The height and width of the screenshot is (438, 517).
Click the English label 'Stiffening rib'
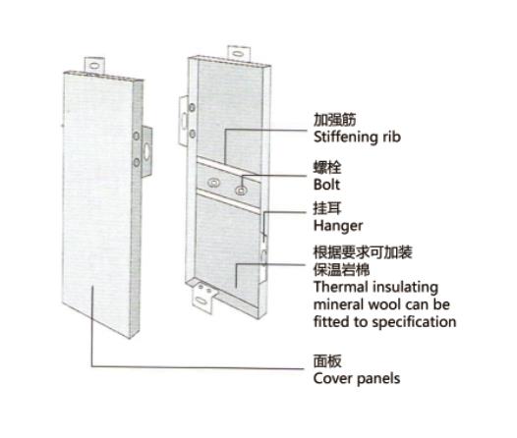[x=357, y=137]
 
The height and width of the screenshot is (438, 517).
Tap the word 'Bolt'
[x=326, y=185]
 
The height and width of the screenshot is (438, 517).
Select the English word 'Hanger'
[x=338, y=226]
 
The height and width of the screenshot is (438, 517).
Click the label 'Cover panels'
[x=357, y=378]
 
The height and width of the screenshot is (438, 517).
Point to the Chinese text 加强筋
[x=334, y=119]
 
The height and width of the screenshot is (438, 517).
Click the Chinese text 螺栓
[x=327, y=168]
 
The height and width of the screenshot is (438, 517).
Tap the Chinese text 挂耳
[x=327, y=208]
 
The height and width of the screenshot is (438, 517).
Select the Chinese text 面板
[x=327, y=361]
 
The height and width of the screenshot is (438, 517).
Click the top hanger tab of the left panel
[x=94, y=66]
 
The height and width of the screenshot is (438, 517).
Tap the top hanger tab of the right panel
[x=239, y=54]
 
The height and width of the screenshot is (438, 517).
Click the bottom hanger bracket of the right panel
[x=203, y=299]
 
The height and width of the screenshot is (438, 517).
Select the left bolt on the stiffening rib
[x=214, y=183]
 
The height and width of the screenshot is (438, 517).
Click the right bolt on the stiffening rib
[x=241, y=190]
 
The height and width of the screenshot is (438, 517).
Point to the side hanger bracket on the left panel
[x=147, y=152]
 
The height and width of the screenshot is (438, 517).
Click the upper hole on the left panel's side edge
[x=136, y=136]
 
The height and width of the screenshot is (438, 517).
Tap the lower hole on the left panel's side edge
[x=136, y=162]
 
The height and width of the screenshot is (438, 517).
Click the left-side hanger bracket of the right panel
[x=184, y=121]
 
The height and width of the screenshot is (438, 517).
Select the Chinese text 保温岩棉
[x=342, y=270]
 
